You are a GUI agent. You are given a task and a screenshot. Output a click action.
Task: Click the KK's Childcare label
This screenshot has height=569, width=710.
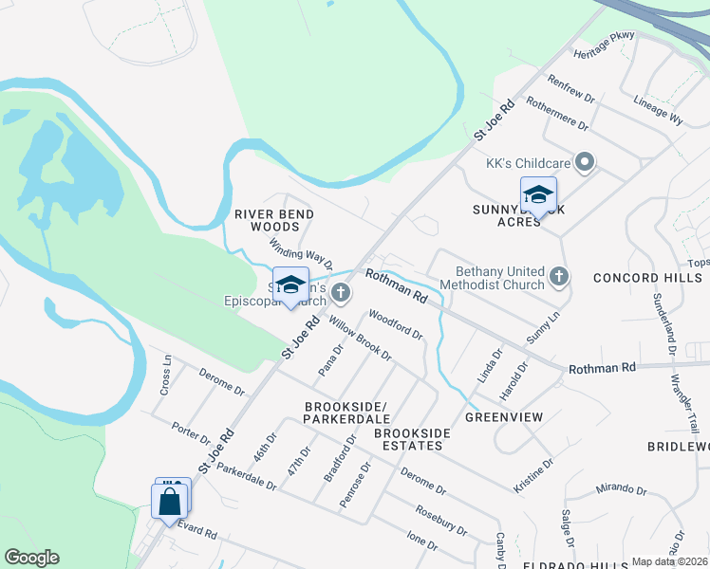click(528, 163)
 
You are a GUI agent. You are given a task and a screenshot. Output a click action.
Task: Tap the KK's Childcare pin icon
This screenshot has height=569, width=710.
click(586, 163)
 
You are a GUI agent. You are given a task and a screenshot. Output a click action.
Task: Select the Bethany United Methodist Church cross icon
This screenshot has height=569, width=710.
click(560, 277)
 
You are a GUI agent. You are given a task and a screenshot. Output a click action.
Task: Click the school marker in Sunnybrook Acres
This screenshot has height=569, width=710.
click(538, 195)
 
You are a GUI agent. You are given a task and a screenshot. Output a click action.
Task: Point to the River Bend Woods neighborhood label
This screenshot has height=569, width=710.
click(274, 220)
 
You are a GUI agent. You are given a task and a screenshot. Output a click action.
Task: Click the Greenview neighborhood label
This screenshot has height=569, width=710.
click(503, 416)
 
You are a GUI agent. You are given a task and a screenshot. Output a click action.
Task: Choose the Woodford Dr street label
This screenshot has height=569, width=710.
click(395, 325)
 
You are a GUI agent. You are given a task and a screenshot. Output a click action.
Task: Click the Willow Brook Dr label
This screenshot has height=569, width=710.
click(361, 339)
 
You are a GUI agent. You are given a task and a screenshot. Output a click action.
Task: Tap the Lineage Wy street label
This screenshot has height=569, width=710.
click(658, 110)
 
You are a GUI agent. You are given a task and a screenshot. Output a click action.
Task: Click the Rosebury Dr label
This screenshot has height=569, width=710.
click(441, 519)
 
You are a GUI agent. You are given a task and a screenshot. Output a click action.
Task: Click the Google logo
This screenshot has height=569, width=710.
click(32, 558)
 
